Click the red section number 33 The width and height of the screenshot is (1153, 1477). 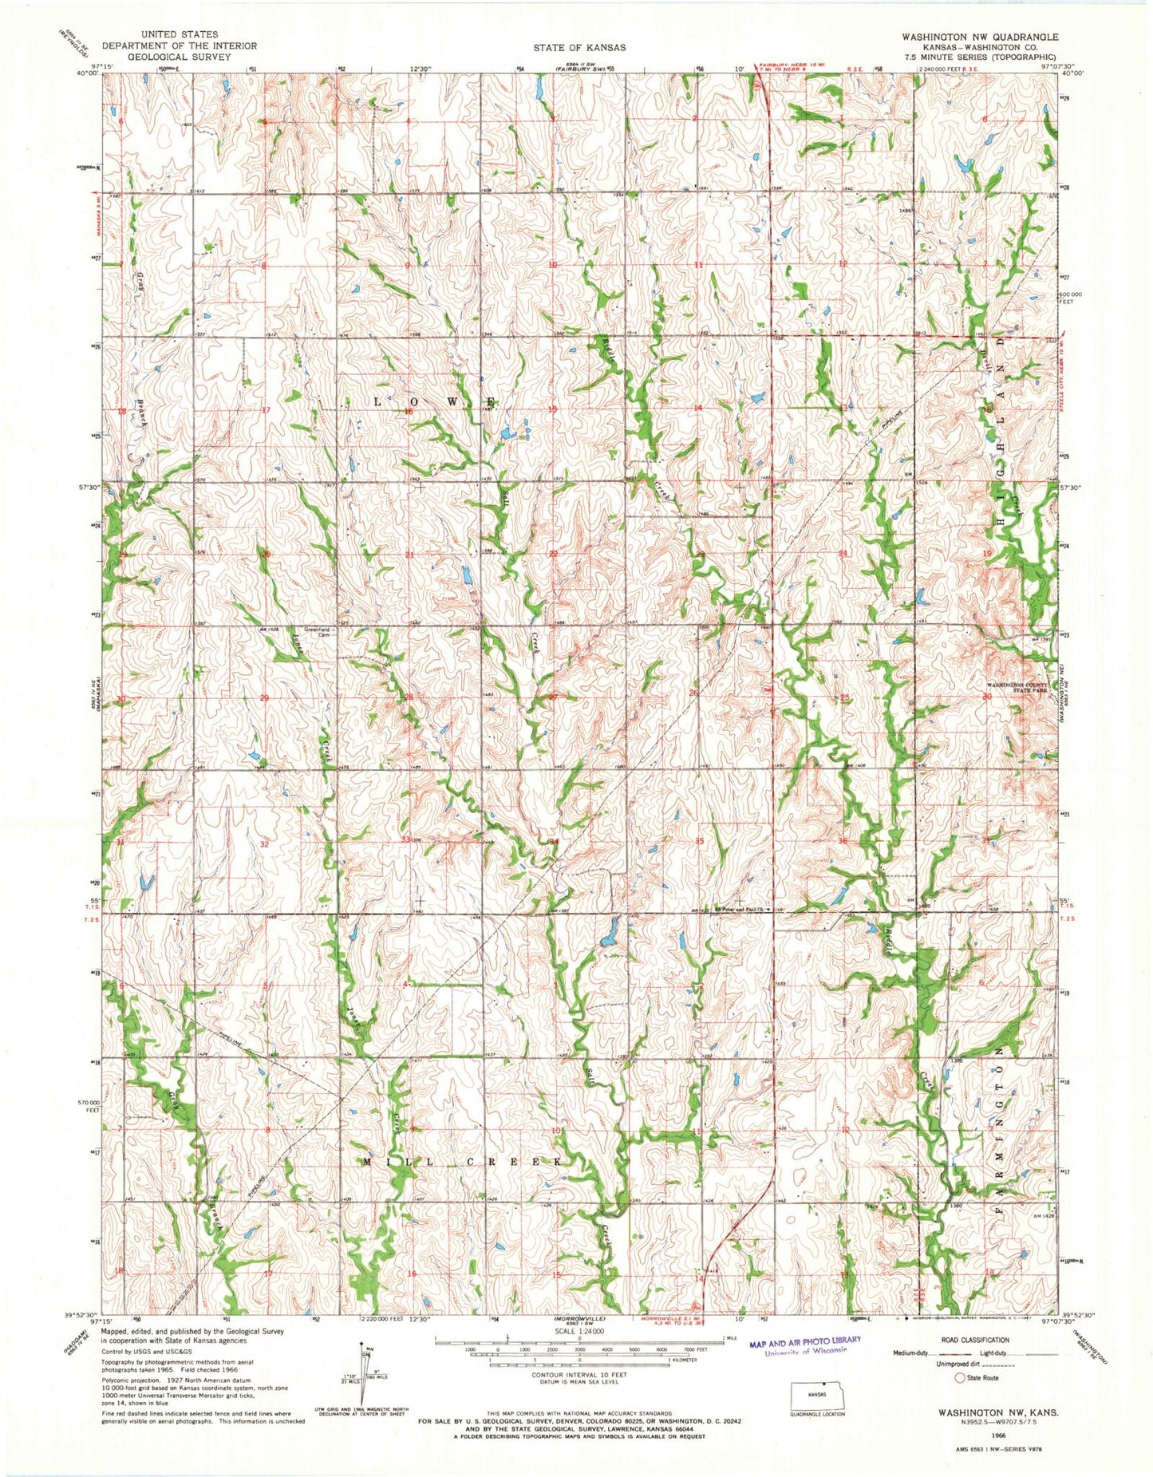[406, 839]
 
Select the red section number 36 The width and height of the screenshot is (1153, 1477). [843, 840]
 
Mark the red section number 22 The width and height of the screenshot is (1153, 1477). [552, 553]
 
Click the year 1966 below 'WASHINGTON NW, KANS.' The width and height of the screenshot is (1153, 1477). [992, 1433]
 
